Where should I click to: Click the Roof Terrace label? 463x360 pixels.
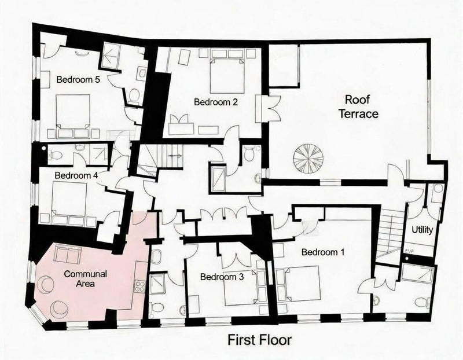(358, 106)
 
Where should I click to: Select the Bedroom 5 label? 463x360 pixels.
(78, 80)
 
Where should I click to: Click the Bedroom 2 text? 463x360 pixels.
(216, 102)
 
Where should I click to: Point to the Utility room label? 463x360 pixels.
(422, 230)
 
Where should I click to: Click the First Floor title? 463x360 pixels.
(259, 340)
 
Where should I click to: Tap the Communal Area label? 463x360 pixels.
(85, 278)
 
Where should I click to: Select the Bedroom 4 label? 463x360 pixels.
(76, 175)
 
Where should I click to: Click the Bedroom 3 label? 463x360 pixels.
(222, 277)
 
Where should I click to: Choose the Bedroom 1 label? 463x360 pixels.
(323, 252)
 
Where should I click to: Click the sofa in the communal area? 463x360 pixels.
(68, 254)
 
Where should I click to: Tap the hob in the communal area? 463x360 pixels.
(139, 286)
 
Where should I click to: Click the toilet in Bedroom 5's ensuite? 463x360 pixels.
(134, 96)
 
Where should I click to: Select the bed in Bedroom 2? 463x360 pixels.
(227, 76)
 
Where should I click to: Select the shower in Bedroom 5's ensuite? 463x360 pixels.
(111, 56)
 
